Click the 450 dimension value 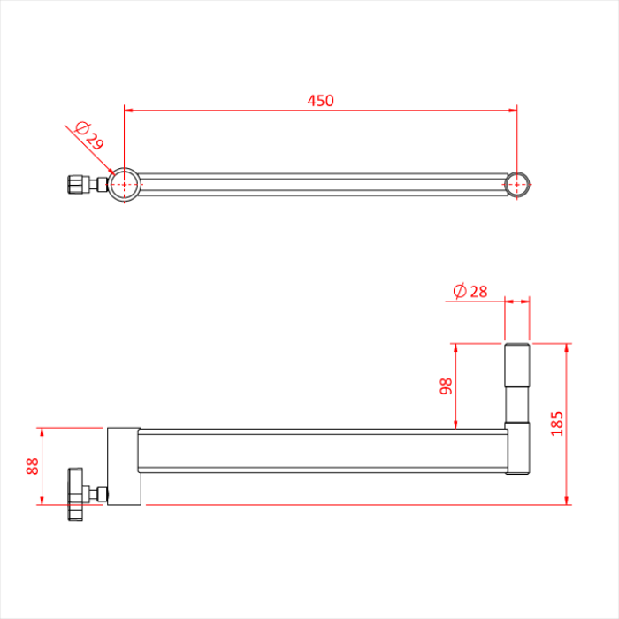click(x=320, y=101)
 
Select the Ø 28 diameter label click(x=470, y=292)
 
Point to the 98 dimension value click(x=446, y=386)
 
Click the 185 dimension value click(x=556, y=423)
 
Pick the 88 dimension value click(x=32, y=466)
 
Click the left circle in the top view click(x=124, y=185)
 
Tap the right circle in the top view click(x=517, y=184)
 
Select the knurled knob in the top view click(x=77, y=185)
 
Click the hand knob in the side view click(x=75, y=493)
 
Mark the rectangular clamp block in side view click(x=124, y=466)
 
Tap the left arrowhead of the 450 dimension click(x=128, y=111)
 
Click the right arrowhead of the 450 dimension click(x=513, y=111)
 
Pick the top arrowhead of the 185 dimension click(x=567, y=347)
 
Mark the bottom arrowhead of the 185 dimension click(x=567, y=501)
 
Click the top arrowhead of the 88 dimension click(x=42, y=432)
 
